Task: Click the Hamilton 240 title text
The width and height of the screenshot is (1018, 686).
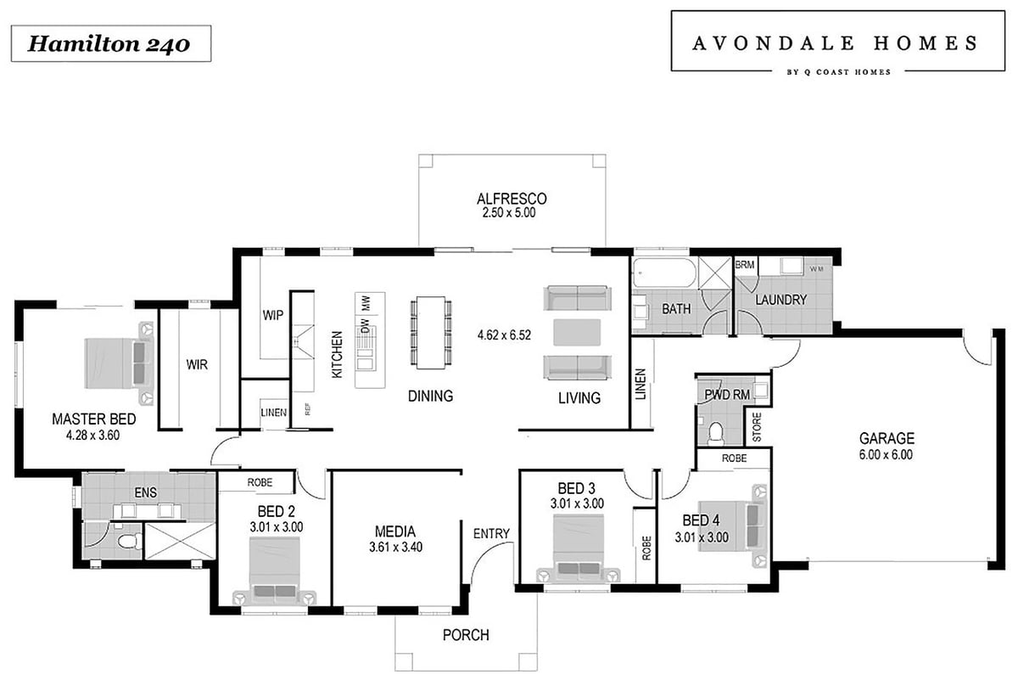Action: click(x=109, y=44)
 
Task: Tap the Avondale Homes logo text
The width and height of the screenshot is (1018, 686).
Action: click(x=836, y=43)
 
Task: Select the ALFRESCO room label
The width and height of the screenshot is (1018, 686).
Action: click(x=512, y=199)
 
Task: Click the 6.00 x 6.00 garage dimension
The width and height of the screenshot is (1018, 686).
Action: click(x=886, y=454)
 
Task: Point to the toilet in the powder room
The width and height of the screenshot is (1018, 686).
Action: click(x=716, y=433)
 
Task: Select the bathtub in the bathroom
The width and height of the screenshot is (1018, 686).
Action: click(x=664, y=273)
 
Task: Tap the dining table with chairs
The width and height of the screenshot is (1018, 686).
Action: click(x=431, y=333)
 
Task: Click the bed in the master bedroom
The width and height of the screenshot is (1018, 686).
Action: click(x=119, y=363)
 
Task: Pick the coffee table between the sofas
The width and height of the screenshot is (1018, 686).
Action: click(x=577, y=332)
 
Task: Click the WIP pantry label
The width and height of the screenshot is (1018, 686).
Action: click(x=272, y=315)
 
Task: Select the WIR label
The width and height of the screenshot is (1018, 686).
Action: click(x=197, y=364)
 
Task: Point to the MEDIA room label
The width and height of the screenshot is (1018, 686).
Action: click(x=395, y=531)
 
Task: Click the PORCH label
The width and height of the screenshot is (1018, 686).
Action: click(x=466, y=634)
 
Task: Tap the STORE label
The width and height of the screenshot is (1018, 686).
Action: click(x=757, y=427)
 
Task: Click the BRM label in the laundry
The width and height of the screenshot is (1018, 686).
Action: click(x=745, y=265)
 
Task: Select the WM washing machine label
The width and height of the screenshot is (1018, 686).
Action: click(x=816, y=269)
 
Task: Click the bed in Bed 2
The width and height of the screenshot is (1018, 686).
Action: click(x=275, y=571)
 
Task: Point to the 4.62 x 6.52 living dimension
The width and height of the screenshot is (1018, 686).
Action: click(x=504, y=335)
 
